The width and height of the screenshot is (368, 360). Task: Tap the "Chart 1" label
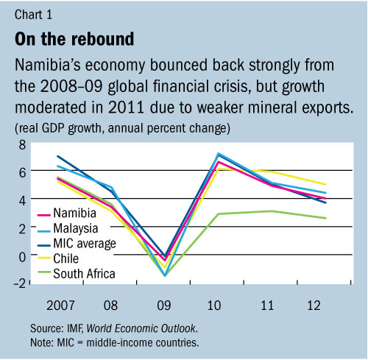coord(32,12)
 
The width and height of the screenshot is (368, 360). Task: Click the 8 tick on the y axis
coord(22,144)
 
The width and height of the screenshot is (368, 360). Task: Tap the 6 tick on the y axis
coord(22,172)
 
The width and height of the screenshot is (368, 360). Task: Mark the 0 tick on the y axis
coord(22,255)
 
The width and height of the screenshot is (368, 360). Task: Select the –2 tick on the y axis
coord(20,283)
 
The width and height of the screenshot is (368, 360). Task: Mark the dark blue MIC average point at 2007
coord(57,156)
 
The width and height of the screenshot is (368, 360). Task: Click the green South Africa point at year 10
coord(218,213)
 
